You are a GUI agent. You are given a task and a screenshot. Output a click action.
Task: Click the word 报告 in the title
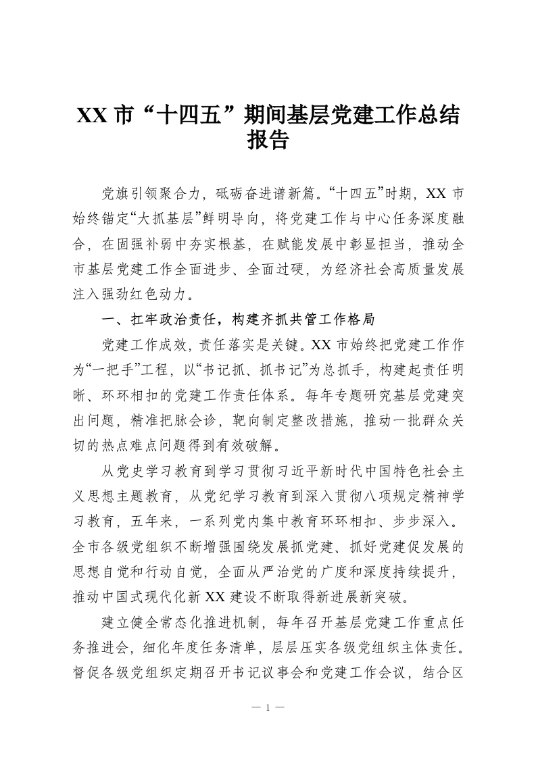tap(268, 139)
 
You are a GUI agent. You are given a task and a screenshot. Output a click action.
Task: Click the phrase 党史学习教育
tap(152, 469)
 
